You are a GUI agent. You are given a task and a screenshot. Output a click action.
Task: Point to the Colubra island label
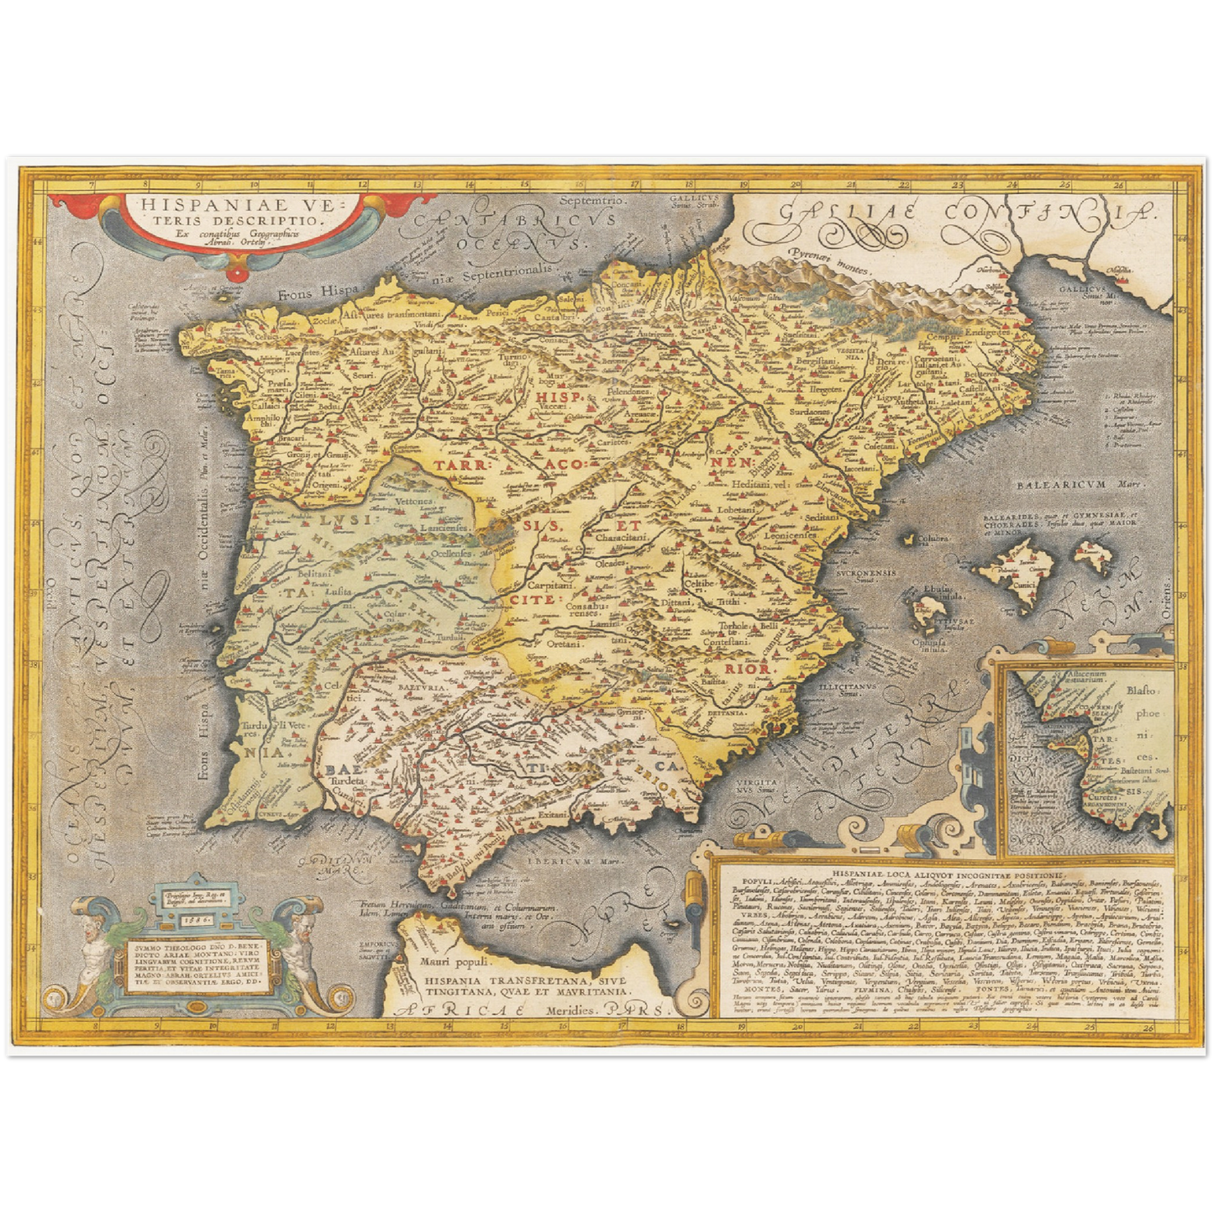[933, 539]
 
